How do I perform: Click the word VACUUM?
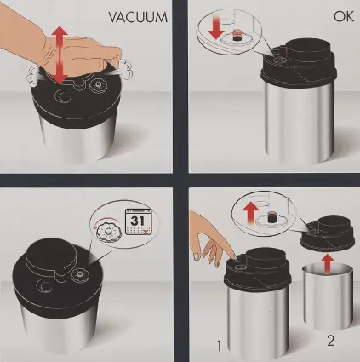click(138, 17)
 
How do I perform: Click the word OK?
click(344, 16)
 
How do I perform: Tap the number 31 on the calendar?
click(137, 221)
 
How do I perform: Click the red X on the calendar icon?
click(146, 233)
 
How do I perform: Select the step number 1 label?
click(219, 346)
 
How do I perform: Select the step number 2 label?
click(330, 340)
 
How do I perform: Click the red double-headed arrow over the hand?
click(60, 55)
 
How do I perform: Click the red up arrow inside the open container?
click(328, 263)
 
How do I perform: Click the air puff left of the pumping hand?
click(34, 76)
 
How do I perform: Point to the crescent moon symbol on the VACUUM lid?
click(63, 96)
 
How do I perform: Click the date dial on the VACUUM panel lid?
click(97, 85)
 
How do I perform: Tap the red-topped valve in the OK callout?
click(237, 36)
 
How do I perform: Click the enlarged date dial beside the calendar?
click(109, 231)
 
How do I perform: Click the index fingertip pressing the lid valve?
click(234, 256)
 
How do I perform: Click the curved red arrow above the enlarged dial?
click(104, 221)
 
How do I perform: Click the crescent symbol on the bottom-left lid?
click(44, 285)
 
